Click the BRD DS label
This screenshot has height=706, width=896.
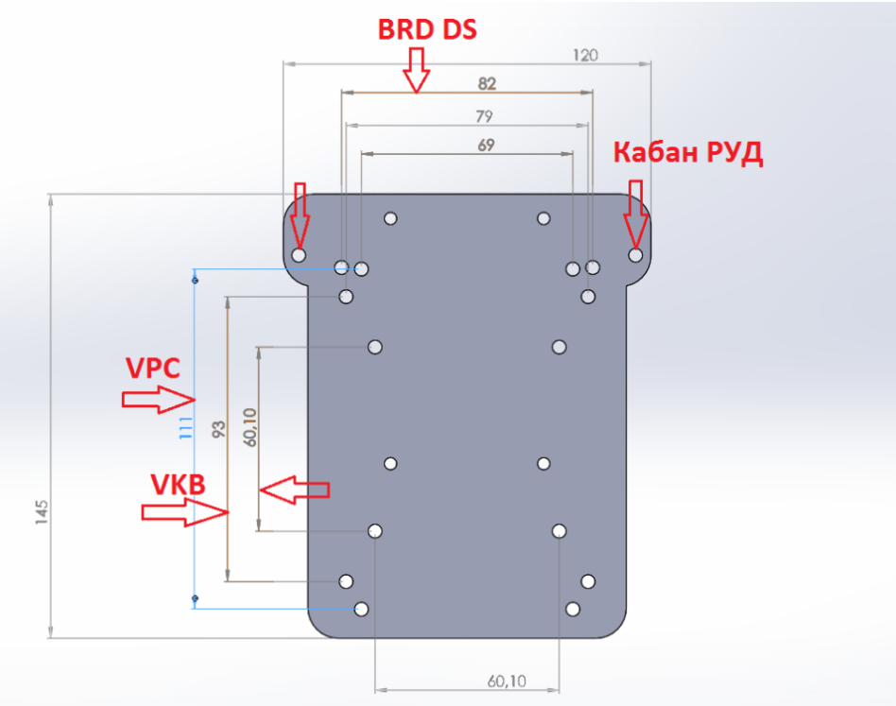pos(427,30)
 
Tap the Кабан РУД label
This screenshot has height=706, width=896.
pos(688,153)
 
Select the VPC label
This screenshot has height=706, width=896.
pos(152,368)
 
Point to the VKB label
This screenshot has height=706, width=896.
pos(178,485)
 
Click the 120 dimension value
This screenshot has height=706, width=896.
pos(585,55)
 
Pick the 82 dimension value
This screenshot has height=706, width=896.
pos(487,83)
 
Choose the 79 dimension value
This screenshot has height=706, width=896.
pos(484,117)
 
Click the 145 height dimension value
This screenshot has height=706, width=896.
pos(42,512)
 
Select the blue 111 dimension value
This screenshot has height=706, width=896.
pos(186,427)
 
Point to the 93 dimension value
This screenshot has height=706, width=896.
pos(218,430)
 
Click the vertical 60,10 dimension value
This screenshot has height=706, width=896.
pos(250,426)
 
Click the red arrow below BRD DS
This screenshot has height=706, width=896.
pos(416,71)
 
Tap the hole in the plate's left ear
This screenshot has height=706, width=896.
pos(299,255)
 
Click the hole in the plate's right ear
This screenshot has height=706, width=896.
pos(635,255)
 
